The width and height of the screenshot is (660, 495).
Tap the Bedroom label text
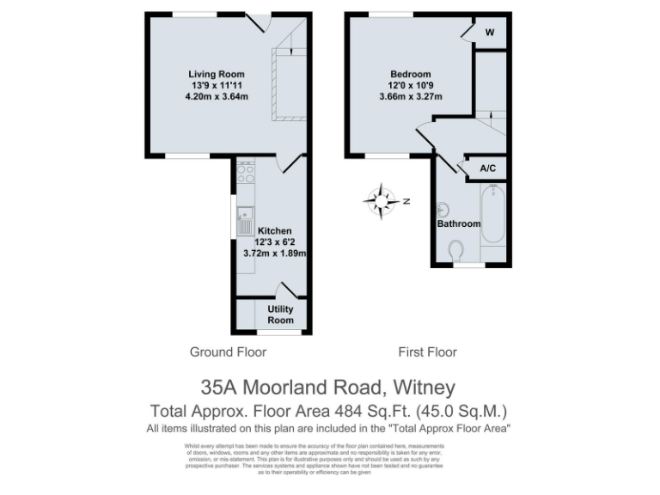[x=410, y=74]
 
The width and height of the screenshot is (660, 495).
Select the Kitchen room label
[x=275, y=231]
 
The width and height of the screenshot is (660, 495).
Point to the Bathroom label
[x=459, y=223]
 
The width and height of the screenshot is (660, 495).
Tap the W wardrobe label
[x=490, y=33]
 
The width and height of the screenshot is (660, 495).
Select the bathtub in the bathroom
[x=492, y=215]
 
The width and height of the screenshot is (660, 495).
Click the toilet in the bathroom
[x=456, y=250]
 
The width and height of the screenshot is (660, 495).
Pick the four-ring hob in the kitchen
[x=245, y=174]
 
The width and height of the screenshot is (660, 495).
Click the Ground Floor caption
[x=228, y=352]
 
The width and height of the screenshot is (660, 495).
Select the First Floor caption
[x=427, y=352]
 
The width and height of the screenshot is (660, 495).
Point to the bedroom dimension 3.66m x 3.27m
[x=410, y=96]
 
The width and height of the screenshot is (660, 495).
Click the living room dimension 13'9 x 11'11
[x=217, y=85]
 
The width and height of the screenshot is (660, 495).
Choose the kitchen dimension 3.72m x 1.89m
[x=275, y=254]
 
